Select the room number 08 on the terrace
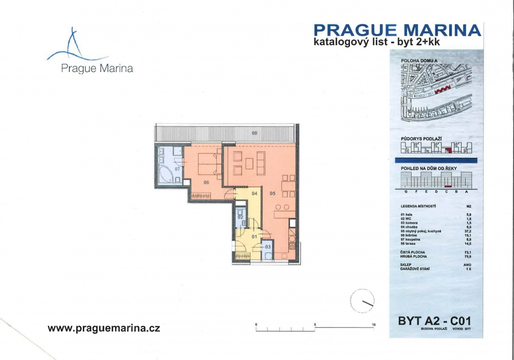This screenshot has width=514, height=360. pyautogui.click(x=254, y=133)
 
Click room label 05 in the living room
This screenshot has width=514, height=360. pyautogui.click(x=272, y=194)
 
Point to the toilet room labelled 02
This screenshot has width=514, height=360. pyautogui.click(x=240, y=217)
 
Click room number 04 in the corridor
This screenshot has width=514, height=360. pyautogui.click(x=254, y=193)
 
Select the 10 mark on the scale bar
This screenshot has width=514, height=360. pyautogui.click(x=374, y=325)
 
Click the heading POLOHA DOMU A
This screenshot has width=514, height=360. pyautogui.click(x=419, y=61)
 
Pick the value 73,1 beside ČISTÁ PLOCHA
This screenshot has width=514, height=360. pyautogui.click(x=467, y=253)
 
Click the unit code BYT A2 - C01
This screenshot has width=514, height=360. pyautogui.click(x=434, y=321)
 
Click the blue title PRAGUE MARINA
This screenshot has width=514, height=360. pyautogui.click(x=397, y=30)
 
